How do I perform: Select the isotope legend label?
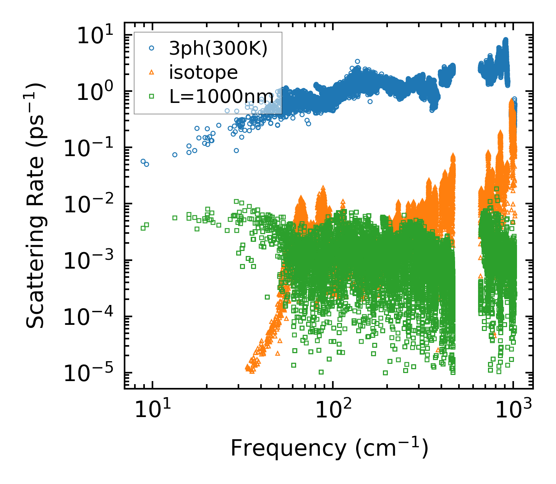pos(203,72)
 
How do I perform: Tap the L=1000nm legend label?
pos(221,96)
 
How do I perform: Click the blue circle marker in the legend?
pos(152,49)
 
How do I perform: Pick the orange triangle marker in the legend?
pos(152,72)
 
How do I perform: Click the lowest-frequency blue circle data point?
pos(143,161)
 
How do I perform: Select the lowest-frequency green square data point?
pos(143,228)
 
